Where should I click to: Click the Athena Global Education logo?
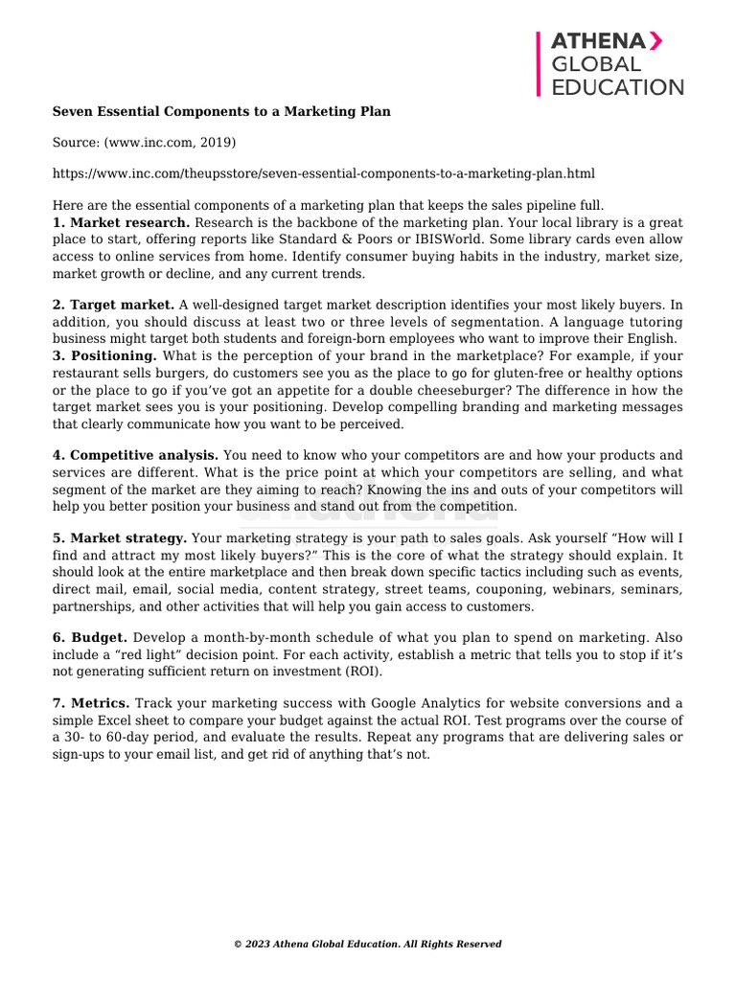610,63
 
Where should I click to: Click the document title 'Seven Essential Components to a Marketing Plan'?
221,111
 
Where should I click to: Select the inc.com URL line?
323,173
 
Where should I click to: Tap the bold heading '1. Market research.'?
122,222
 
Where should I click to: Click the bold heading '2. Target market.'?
113,305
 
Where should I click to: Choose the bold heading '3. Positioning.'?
104,355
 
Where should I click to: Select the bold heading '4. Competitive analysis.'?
135,455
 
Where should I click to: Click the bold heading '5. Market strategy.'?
119,538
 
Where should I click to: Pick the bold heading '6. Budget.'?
90,637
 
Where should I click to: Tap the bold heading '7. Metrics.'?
91,703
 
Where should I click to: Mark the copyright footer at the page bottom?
368,944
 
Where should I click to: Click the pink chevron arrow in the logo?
655,40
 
